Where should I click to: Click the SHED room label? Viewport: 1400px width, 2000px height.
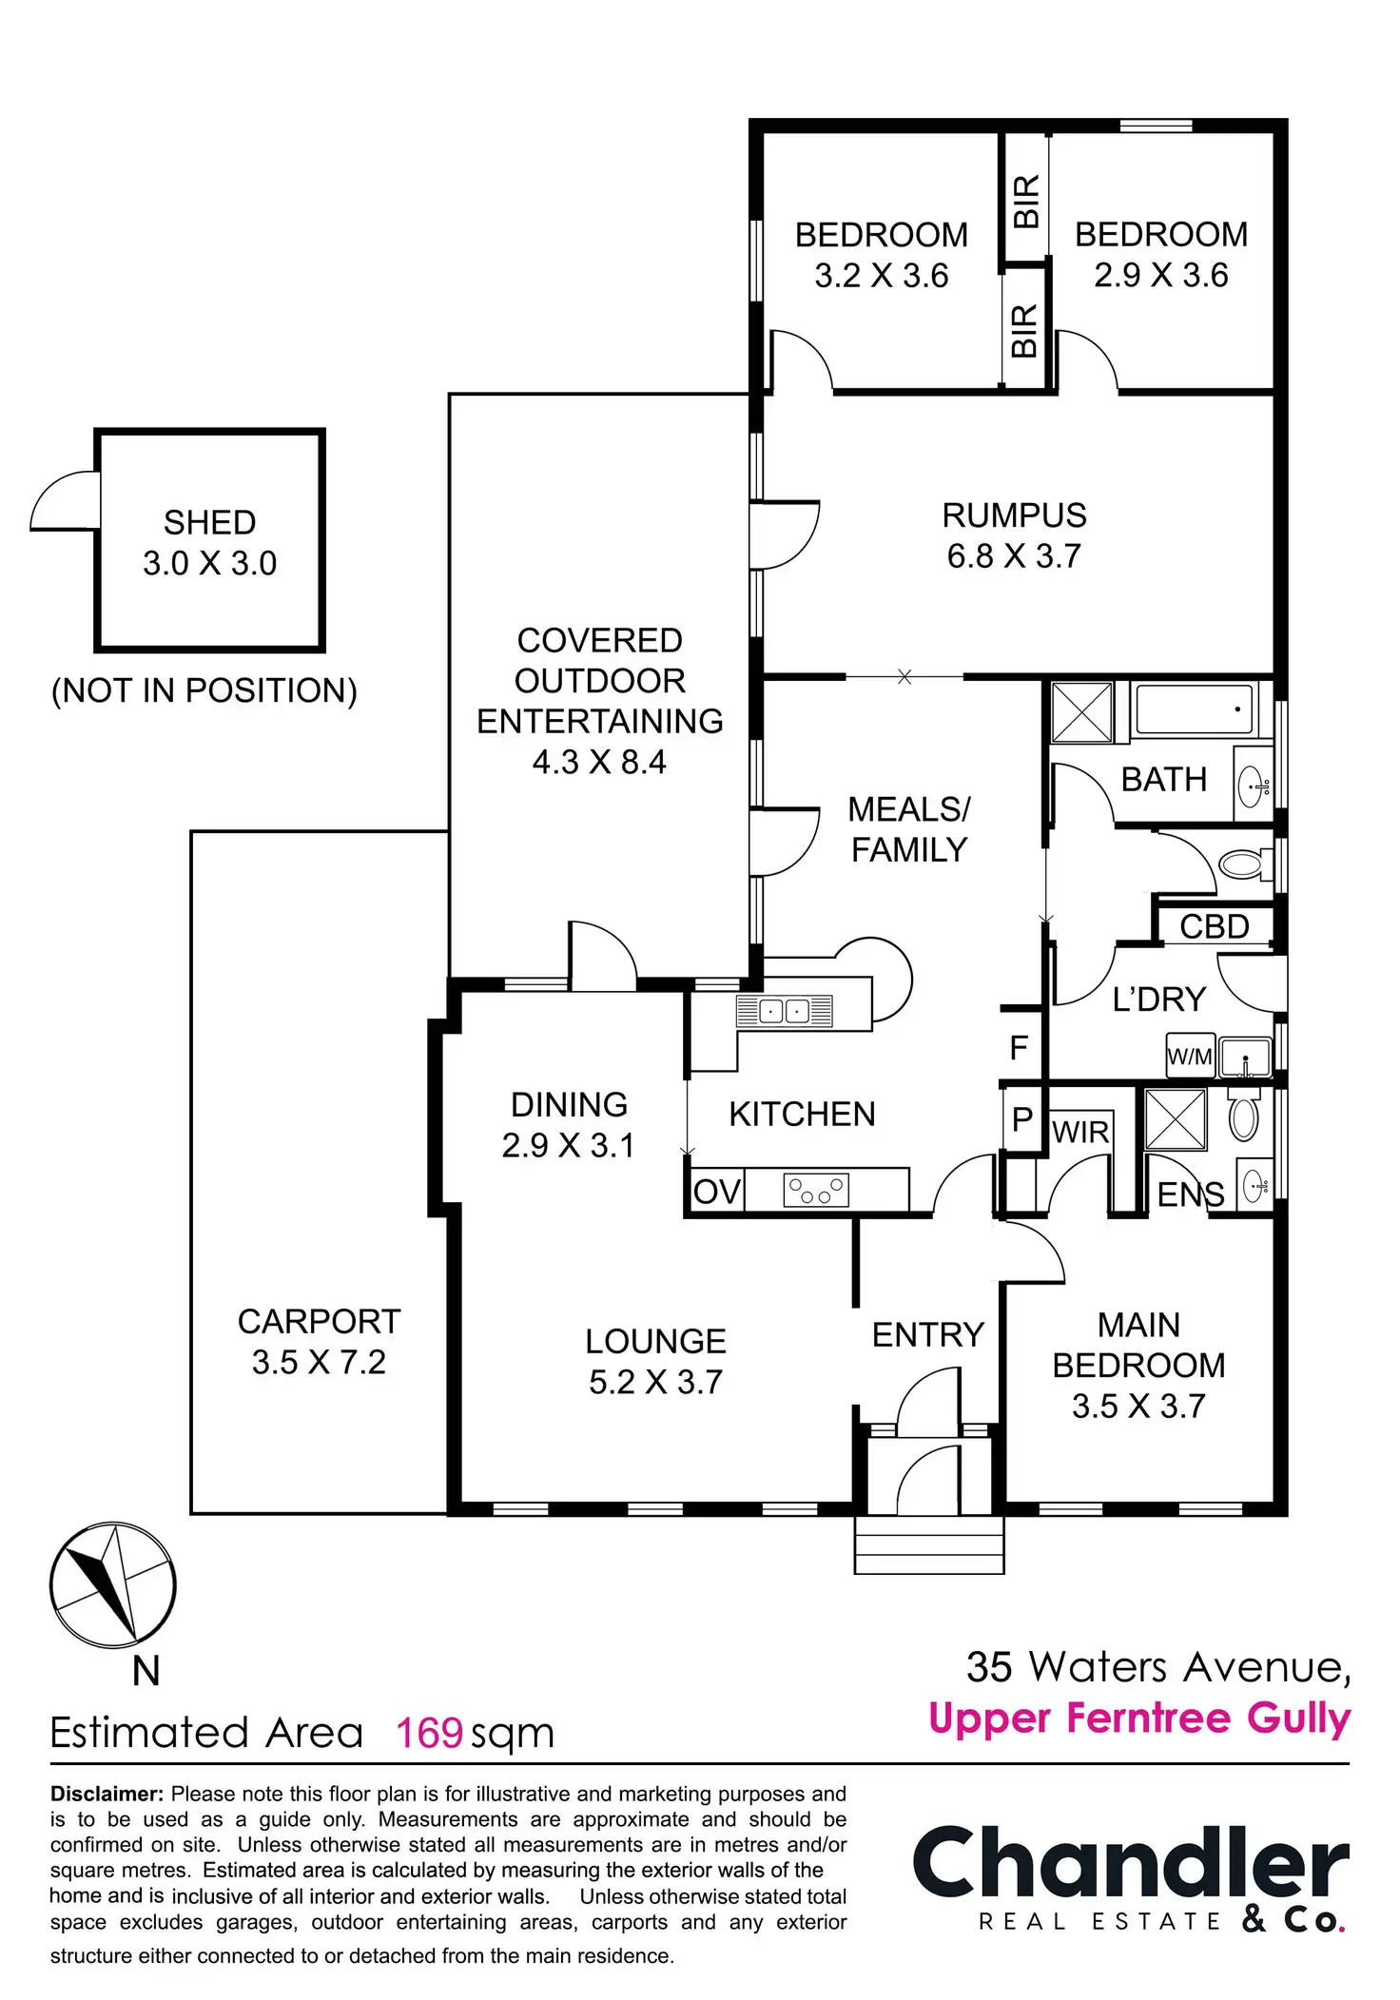[209, 542]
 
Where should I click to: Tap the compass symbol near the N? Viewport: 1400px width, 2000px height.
[112, 1584]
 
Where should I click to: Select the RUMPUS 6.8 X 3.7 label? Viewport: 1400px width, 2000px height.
[1014, 535]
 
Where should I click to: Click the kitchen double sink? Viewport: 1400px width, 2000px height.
[784, 1011]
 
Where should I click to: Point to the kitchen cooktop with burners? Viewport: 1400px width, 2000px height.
[815, 1190]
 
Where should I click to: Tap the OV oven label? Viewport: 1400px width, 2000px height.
[716, 1192]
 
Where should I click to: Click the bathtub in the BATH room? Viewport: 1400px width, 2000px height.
[1194, 709]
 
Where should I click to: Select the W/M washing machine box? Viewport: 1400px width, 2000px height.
[1190, 1057]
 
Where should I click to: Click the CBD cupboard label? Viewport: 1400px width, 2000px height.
[1214, 926]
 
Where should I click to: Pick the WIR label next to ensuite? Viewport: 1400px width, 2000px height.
[1080, 1132]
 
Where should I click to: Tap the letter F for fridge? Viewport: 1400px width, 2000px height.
[1019, 1048]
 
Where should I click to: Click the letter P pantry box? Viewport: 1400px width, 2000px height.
[1022, 1119]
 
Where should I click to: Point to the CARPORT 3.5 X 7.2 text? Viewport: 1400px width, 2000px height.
[319, 1341]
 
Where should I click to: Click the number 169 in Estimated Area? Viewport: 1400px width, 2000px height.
[429, 1733]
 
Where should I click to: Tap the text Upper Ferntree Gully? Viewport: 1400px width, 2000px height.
[1139, 1718]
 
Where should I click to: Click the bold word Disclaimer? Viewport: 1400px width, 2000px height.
[107, 1794]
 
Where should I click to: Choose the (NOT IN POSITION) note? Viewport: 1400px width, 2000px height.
[204, 690]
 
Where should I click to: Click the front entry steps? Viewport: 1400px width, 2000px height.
[929, 1545]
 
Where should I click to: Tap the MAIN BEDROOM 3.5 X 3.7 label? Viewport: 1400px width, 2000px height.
[1138, 1365]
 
